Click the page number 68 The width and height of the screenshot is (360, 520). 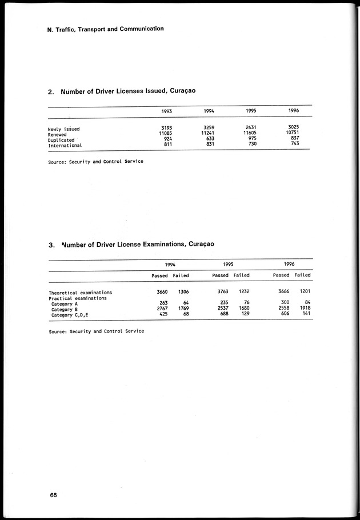click(x=53, y=495)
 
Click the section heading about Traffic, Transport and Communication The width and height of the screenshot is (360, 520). click(x=106, y=29)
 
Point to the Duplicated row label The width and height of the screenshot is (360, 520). click(x=61, y=139)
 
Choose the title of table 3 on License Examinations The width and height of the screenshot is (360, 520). click(x=132, y=245)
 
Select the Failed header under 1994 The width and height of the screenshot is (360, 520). click(x=181, y=275)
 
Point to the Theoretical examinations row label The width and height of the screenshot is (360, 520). click(x=80, y=293)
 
